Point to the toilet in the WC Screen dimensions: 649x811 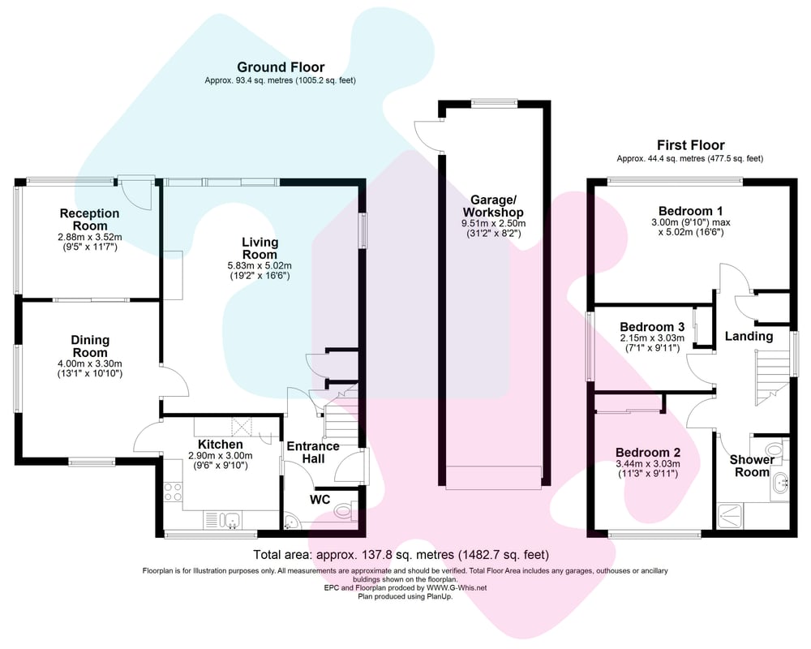(x=345, y=510)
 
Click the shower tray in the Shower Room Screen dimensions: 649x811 (x=730, y=514)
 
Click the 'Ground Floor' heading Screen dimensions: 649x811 (x=280, y=67)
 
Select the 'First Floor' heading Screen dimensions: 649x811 (x=690, y=145)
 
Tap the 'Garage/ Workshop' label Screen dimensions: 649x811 (x=492, y=206)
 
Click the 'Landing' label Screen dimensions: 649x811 (x=749, y=336)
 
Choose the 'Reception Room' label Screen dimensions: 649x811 (x=89, y=219)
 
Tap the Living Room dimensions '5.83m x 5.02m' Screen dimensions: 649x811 (x=260, y=265)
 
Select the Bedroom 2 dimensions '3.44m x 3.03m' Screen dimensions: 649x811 (x=647, y=464)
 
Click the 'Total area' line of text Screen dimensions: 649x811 (x=401, y=555)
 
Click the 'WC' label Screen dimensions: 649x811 (x=320, y=500)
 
